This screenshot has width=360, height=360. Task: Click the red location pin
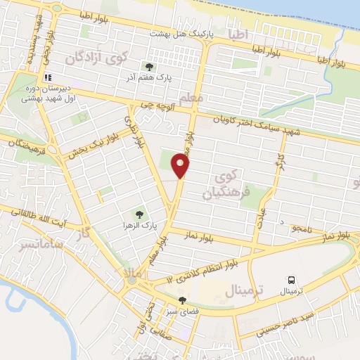pyautogui.click(x=181, y=165)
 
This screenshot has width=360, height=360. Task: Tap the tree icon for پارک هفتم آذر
pyautogui.click(x=148, y=67)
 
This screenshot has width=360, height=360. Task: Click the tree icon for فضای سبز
pyautogui.click(x=183, y=300)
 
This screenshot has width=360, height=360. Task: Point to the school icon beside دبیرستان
pyautogui.click(x=47, y=77)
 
